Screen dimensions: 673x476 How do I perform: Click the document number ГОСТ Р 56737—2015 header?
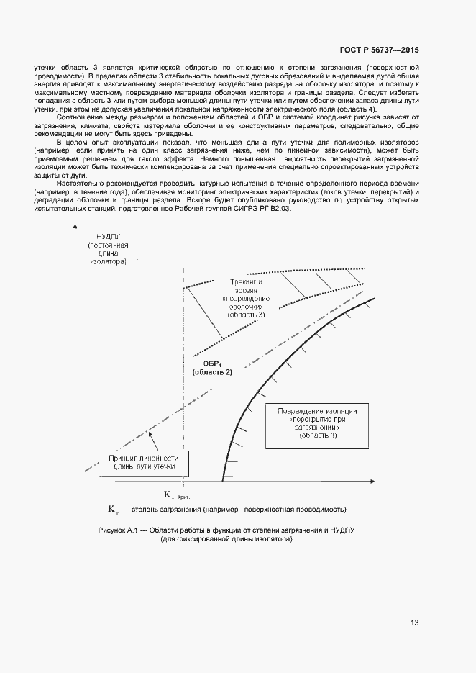point(379,50)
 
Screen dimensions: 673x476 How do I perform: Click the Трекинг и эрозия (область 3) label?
point(247,296)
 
